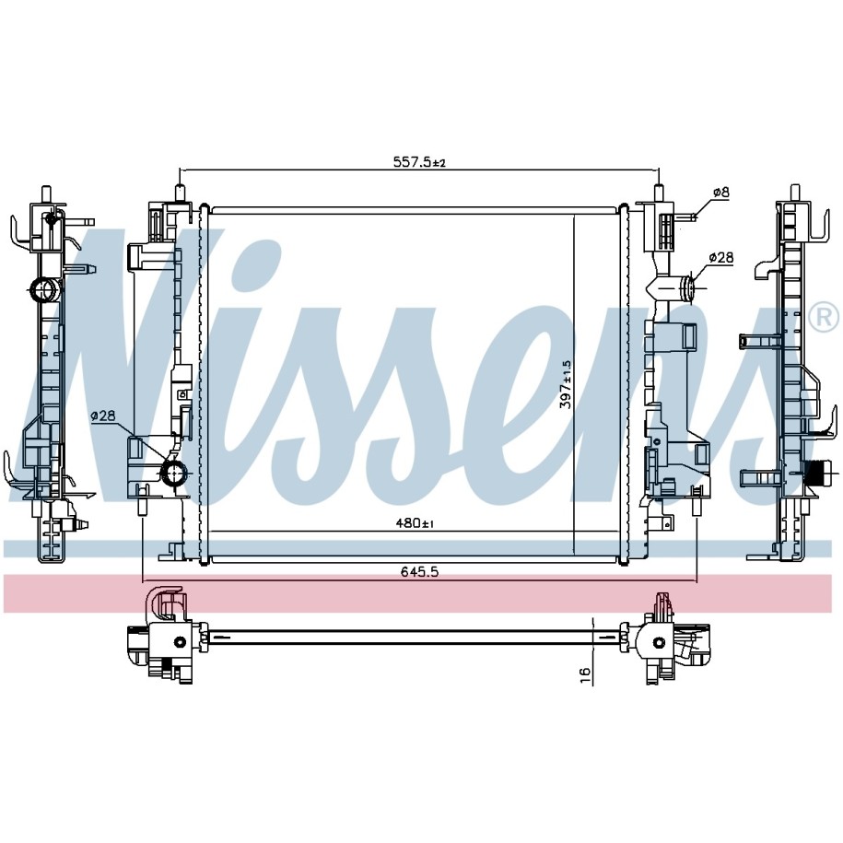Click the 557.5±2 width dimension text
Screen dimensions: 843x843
[419, 161]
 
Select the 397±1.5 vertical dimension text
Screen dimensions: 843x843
[565, 384]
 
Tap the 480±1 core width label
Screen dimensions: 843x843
[415, 522]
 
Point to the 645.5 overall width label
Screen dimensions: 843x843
[419, 571]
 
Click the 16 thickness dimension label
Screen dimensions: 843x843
[585, 673]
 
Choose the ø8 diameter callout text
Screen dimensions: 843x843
[720, 192]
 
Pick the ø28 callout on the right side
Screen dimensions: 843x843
[720, 258]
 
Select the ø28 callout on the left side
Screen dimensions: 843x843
[103, 415]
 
